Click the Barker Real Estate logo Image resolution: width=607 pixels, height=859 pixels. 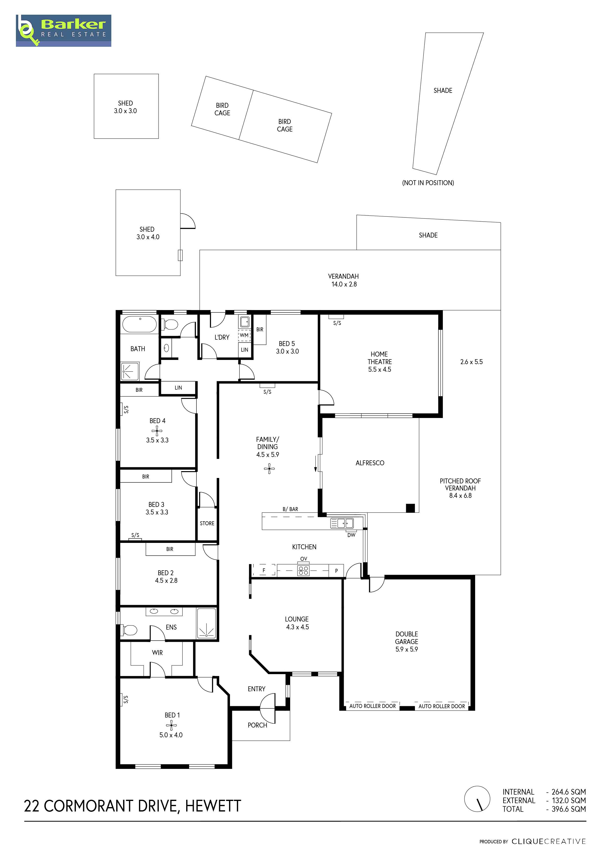(64, 31)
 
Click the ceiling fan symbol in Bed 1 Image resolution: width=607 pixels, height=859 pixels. (172, 726)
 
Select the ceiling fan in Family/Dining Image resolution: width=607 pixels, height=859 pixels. (269, 469)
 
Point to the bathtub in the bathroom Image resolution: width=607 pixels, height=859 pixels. (140, 324)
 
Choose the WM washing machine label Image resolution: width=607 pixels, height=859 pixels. (244, 335)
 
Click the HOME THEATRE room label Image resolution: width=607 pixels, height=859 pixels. (380, 358)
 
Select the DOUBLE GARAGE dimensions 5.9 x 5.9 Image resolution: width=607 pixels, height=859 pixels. (407, 649)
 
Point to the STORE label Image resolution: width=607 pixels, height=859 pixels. (207, 523)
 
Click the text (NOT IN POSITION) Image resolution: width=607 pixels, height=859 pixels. (428, 183)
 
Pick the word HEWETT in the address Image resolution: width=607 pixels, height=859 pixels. (213, 806)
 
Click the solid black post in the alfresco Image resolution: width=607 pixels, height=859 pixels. (410, 508)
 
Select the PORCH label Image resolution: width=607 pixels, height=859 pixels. (258, 725)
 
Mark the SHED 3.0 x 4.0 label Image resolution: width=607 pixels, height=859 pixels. (148, 233)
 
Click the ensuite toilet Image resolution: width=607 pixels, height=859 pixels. (129, 630)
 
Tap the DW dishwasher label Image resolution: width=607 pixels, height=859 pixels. (351, 535)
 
